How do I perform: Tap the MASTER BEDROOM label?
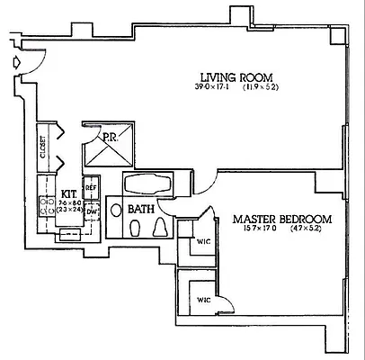tap(283, 219)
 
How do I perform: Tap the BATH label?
tap(141, 209)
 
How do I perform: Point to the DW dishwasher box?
tap(92, 211)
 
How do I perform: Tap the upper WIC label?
tap(204, 241)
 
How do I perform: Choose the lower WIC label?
tap(204, 299)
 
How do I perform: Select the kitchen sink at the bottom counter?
tap(68, 232)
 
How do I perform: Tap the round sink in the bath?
tap(116, 210)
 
